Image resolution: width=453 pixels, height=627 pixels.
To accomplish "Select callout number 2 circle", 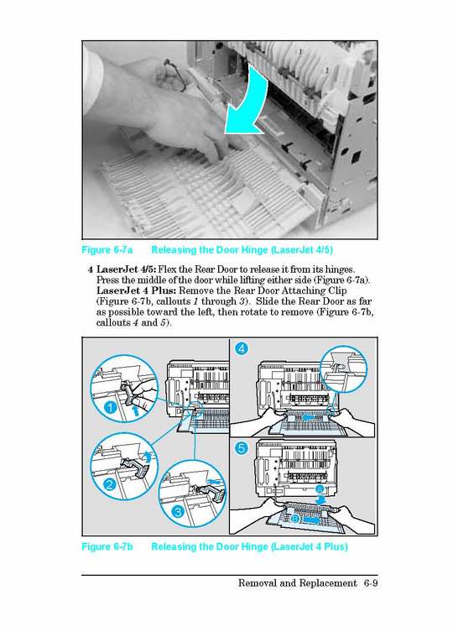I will pyautogui.click(x=109, y=484).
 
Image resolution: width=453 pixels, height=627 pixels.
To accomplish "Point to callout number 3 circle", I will pyautogui.click(x=177, y=511).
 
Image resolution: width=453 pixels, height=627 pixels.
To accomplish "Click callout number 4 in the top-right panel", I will pyautogui.click(x=242, y=348).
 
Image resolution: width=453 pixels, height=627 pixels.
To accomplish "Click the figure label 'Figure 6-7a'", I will pyautogui.click(x=107, y=250).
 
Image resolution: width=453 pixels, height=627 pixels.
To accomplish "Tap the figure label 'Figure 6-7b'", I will pyautogui.click(x=107, y=547).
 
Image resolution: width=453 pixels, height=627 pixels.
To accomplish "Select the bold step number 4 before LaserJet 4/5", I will pyautogui.click(x=90, y=269).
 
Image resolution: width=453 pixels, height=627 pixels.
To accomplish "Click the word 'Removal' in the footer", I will pyautogui.click(x=259, y=583).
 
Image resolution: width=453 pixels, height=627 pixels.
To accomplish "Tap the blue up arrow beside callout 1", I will pyautogui.click(x=137, y=410).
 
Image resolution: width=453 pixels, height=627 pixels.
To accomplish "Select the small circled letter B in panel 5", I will pyautogui.click(x=294, y=518).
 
